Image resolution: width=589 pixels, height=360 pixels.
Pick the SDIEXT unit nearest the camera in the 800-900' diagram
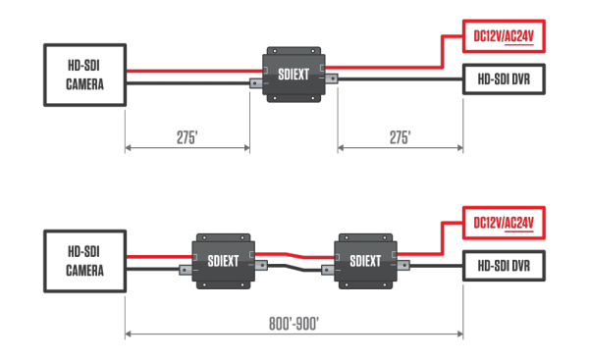(224, 261)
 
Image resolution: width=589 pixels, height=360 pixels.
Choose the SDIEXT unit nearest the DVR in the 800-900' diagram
(364, 261)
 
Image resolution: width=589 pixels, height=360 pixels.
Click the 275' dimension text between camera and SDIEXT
(187, 138)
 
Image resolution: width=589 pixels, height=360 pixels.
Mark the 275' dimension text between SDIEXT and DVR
(400, 138)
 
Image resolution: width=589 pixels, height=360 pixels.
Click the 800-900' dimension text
(294, 323)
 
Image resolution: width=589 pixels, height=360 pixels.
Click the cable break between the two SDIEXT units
(294, 261)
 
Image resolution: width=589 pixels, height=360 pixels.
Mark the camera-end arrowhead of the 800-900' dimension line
(130, 334)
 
